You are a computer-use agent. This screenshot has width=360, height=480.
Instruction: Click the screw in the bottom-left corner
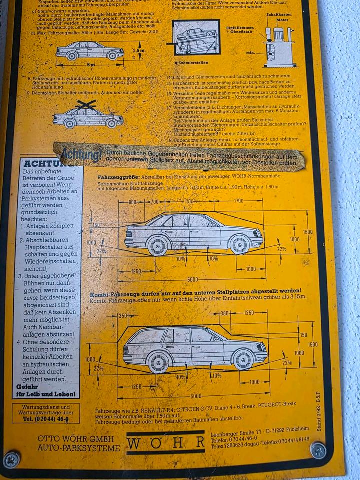point(12,458)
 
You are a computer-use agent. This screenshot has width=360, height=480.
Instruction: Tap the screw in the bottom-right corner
point(318,450)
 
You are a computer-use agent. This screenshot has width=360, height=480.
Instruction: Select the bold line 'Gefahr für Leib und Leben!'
point(46,390)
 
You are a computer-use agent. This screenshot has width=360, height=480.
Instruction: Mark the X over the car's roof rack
point(86,105)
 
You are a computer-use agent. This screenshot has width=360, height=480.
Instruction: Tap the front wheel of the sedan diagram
point(239,244)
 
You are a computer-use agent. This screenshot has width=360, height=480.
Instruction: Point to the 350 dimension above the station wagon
point(123,316)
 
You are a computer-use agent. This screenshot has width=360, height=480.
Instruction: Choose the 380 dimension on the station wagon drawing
point(224,313)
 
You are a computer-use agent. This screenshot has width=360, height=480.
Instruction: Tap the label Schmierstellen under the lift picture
point(192,63)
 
